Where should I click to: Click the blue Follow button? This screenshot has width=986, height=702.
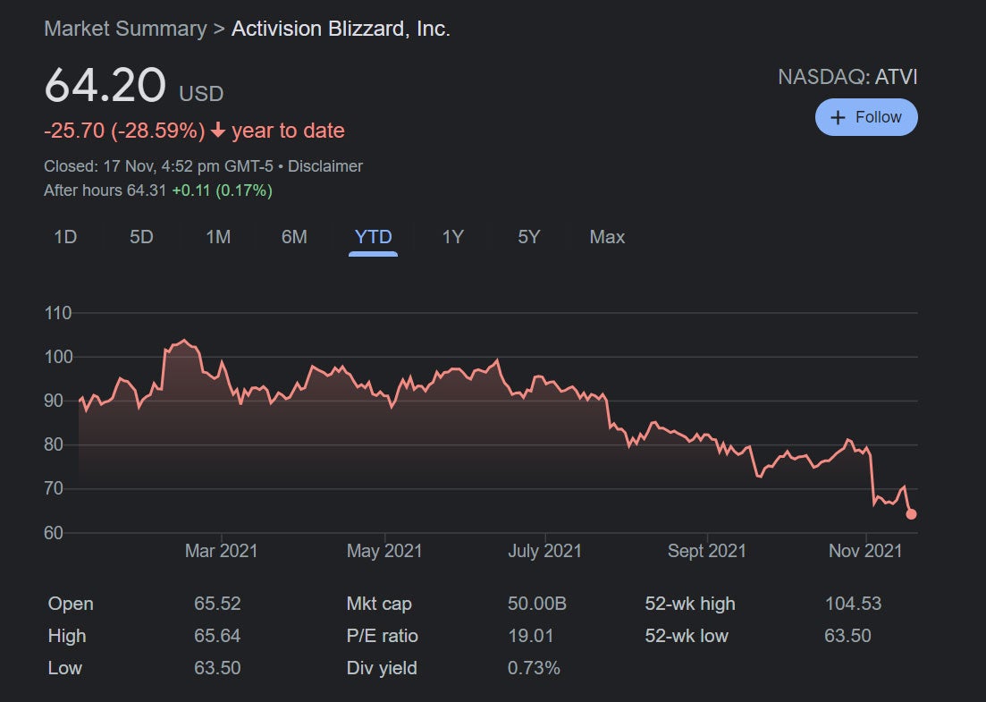pyautogui.click(x=866, y=117)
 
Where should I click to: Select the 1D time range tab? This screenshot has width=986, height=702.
pyautogui.click(x=65, y=237)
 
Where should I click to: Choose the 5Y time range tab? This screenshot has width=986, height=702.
pyautogui.click(x=529, y=237)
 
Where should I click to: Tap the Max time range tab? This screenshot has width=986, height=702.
pyautogui.click(x=607, y=237)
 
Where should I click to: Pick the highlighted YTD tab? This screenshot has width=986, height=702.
pyautogui.click(x=373, y=237)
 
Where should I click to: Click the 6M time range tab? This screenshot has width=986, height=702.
pyautogui.click(x=294, y=237)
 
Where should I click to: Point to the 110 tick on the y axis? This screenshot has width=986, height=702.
pyautogui.click(x=57, y=314)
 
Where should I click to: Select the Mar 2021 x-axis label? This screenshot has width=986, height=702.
pyautogui.click(x=221, y=551)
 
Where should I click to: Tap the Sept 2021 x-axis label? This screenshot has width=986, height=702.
pyautogui.click(x=706, y=551)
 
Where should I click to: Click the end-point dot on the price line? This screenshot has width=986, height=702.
pyautogui.click(x=911, y=513)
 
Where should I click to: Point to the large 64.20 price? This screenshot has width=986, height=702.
pyautogui.click(x=105, y=86)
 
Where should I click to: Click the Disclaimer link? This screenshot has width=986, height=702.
pyautogui.click(x=325, y=166)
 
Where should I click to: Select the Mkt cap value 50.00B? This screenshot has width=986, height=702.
pyautogui.click(x=536, y=604)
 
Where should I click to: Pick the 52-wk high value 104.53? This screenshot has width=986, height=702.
pyautogui.click(x=853, y=604)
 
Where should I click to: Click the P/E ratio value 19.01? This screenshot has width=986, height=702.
pyautogui.click(x=530, y=636)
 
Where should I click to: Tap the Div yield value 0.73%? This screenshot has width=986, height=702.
pyautogui.click(x=534, y=668)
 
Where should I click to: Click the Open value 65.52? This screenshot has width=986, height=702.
pyautogui.click(x=217, y=604)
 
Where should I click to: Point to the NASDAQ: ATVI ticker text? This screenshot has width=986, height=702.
pyautogui.click(x=847, y=77)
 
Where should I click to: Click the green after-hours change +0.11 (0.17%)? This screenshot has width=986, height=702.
pyautogui.click(x=223, y=190)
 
